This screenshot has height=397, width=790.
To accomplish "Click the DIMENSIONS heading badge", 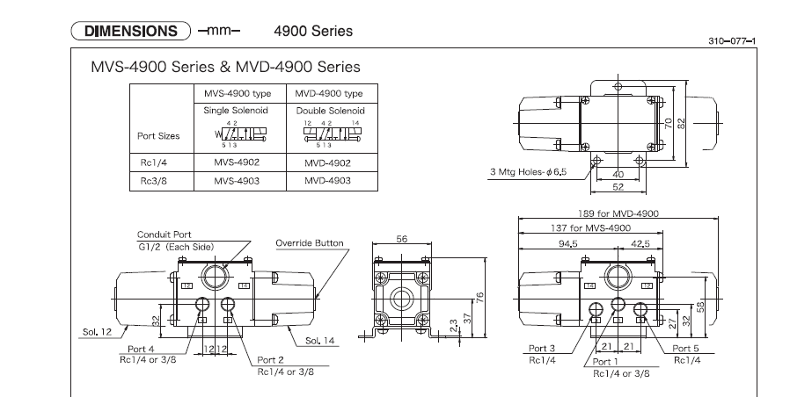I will click(131, 32).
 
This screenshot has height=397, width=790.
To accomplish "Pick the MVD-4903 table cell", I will click(322, 180).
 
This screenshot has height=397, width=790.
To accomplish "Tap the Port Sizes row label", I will click(158, 136).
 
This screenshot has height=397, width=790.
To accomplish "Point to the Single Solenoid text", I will click(235, 111).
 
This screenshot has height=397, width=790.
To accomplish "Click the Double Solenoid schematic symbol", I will click(322, 134).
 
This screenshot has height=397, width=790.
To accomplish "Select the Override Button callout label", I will click(310, 242).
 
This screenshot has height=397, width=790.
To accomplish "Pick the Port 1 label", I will click(610, 362).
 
